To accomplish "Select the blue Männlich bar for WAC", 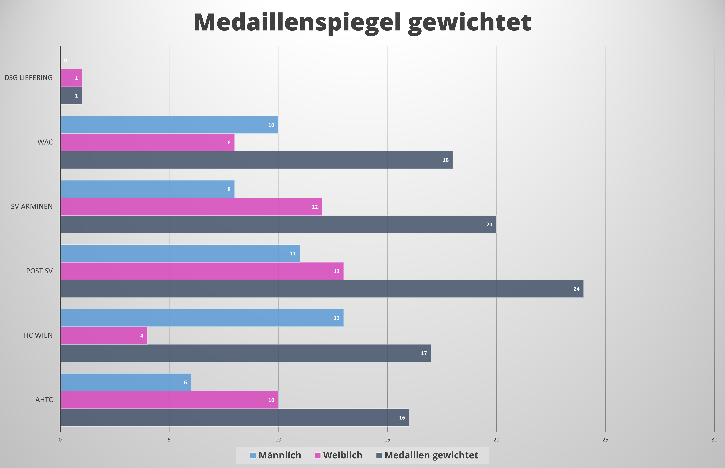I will point(169,125).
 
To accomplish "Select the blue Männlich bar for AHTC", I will point(126,382).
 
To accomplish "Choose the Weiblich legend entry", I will point(339,455).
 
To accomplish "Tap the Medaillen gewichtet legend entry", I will point(427,455).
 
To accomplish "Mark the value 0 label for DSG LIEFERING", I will point(65,60).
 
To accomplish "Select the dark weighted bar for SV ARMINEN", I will point(278,224).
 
